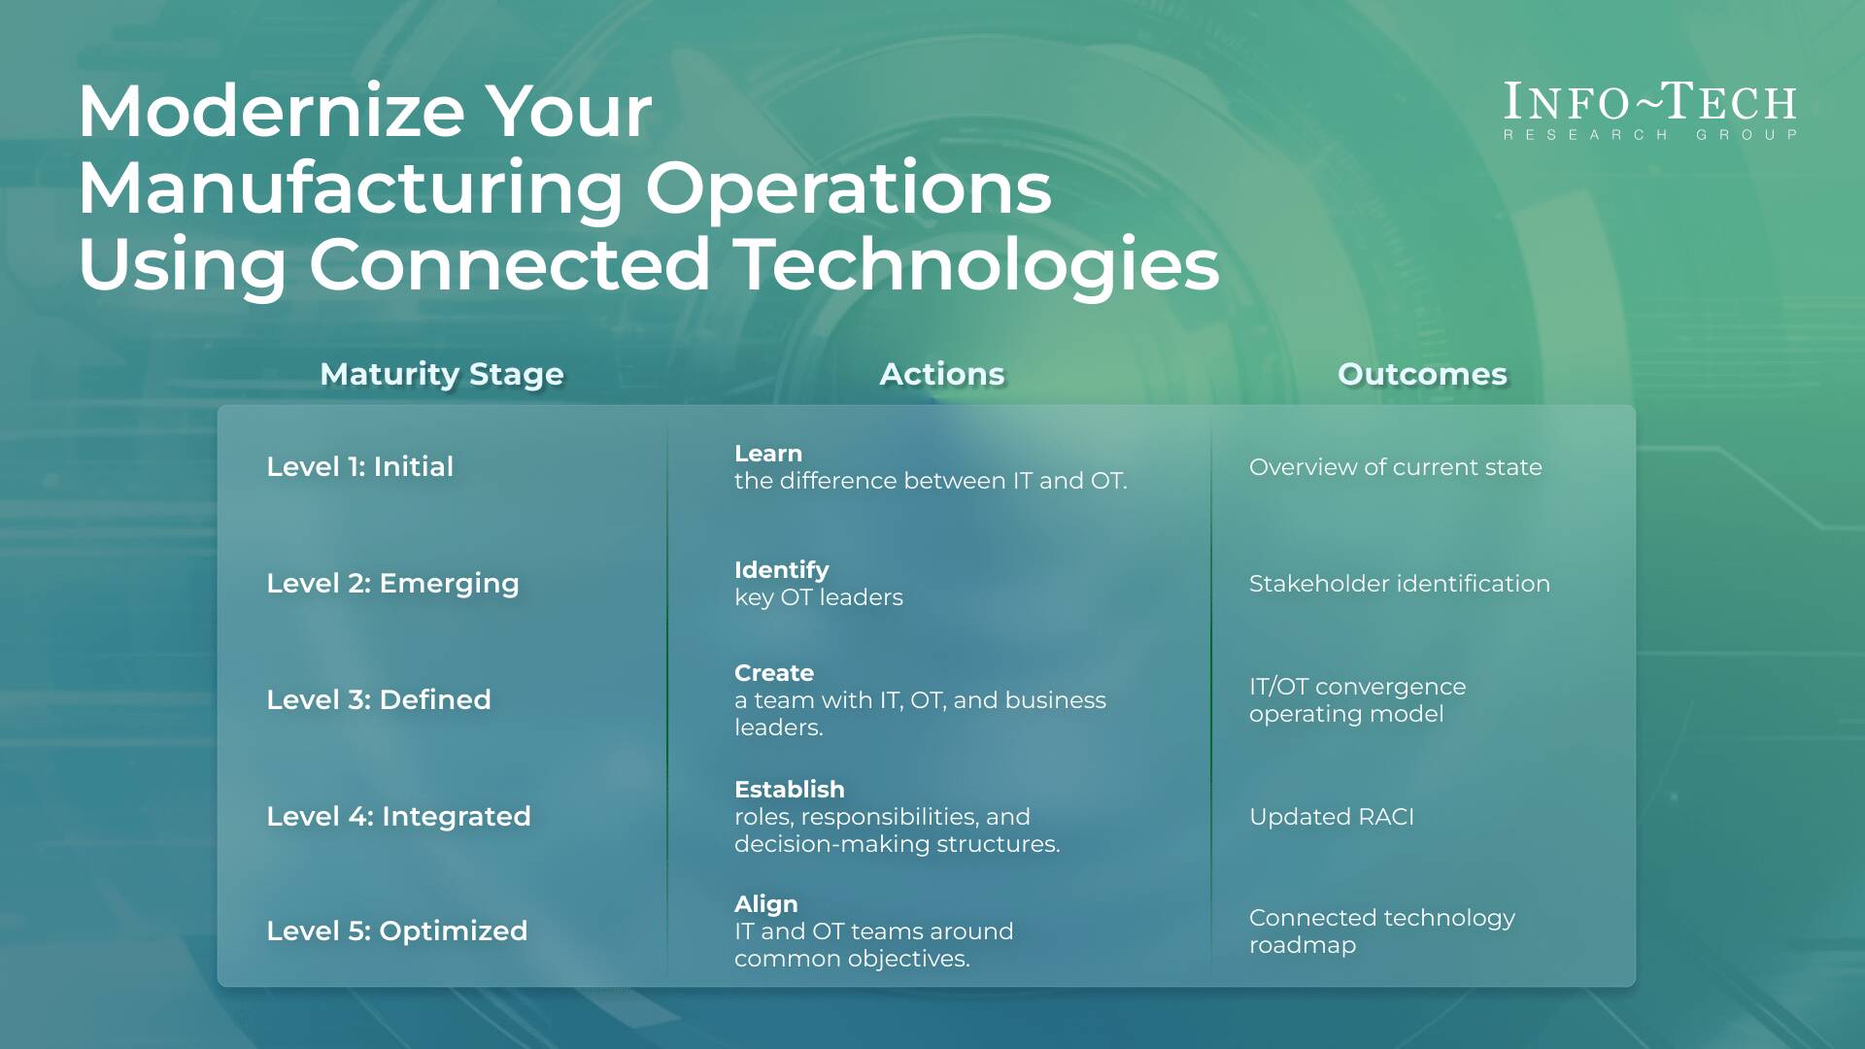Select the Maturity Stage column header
point(442,374)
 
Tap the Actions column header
point(941,374)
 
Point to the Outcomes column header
point(1421,374)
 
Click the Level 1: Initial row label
point(359,467)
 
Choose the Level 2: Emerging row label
point(392,584)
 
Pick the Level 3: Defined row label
point(379,700)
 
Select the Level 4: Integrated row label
point(398,817)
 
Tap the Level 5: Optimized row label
point(396,931)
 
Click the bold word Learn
point(767,454)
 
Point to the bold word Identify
point(781,570)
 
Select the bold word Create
point(773,673)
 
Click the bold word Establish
point(789,790)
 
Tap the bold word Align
point(765,904)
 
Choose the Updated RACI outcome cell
point(1331,817)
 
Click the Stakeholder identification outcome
point(1399,584)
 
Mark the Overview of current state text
point(1395,467)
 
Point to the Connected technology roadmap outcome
point(1381,931)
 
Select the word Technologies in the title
point(975,264)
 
